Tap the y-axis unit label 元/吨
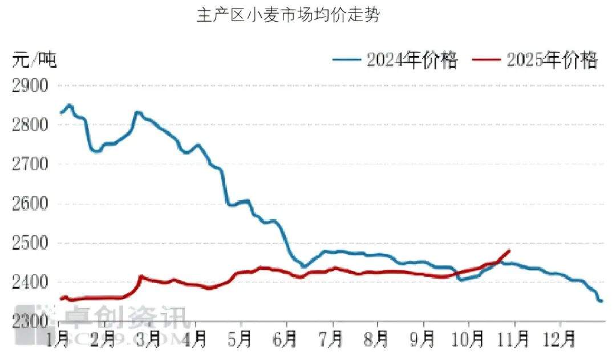(x=35, y=59)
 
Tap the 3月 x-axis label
(x=149, y=339)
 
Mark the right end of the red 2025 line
(x=509, y=250)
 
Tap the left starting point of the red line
(x=60, y=298)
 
